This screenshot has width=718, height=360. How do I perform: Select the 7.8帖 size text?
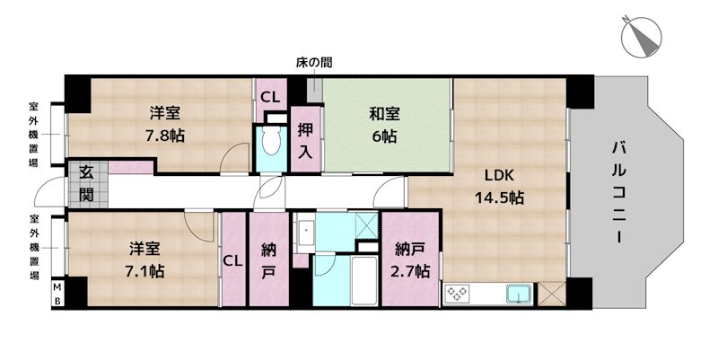[165, 136]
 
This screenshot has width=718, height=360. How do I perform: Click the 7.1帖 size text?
[144, 268]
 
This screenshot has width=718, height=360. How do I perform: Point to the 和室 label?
[383, 114]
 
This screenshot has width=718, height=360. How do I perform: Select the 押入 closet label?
[306, 140]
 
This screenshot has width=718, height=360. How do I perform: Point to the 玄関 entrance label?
[86, 182]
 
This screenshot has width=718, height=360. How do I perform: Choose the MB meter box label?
[56, 293]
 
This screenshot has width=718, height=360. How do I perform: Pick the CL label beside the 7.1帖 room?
[233, 261]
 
